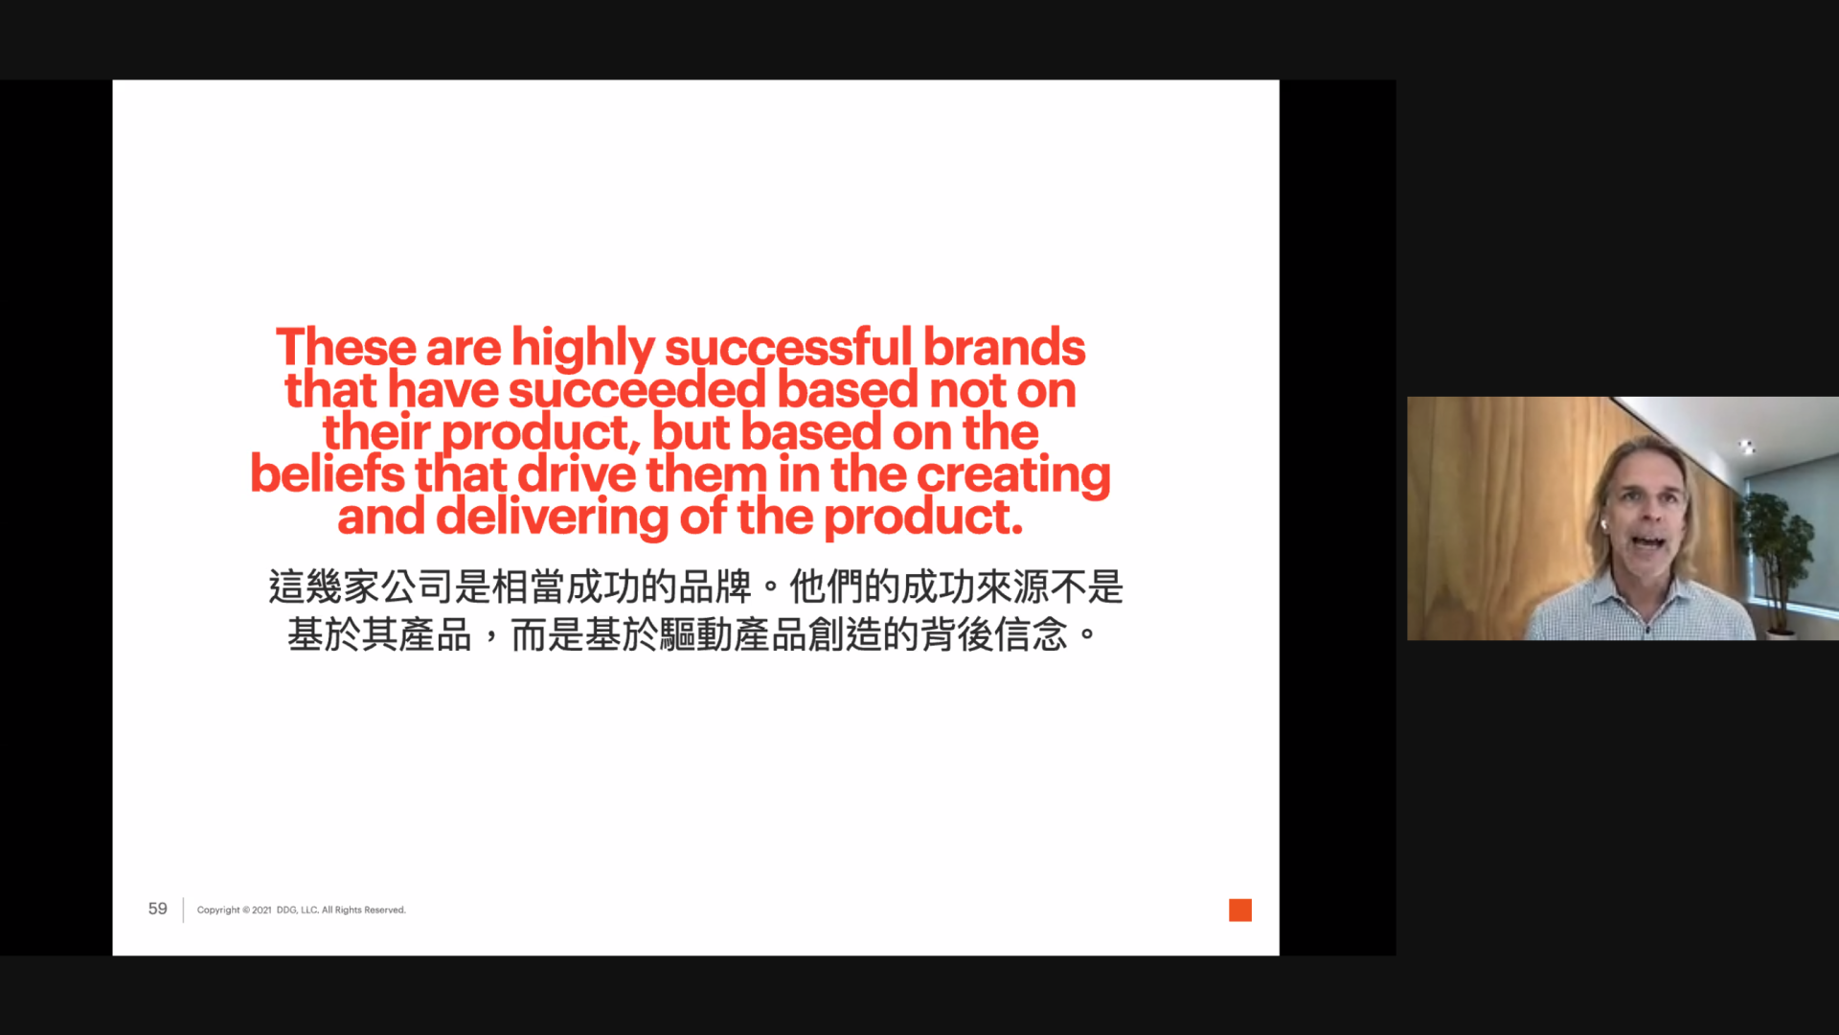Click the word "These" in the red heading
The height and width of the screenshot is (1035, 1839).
pyautogui.click(x=347, y=347)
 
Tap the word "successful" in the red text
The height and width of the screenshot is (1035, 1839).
pyautogui.click(x=789, y=346)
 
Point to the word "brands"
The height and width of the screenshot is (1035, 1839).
pyautogui.click(x=1004, y=347)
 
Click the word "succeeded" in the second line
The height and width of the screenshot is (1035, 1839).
pyautogui.click(x=638, y=390)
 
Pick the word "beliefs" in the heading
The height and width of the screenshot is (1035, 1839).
pyautogui.click(x=328, y=473)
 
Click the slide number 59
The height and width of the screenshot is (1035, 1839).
pyautogui.click(x=158, y=908)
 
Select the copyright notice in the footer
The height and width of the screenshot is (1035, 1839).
pyautogui.click(x=302, y=910)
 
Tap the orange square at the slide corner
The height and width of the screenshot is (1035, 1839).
pyautogui.click(x=1240, y=910)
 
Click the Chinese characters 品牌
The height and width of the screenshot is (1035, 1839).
pyautogui.click(x=715, y=587)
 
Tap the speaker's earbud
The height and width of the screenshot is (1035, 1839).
pyautogui.click(x=1602, y=525)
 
